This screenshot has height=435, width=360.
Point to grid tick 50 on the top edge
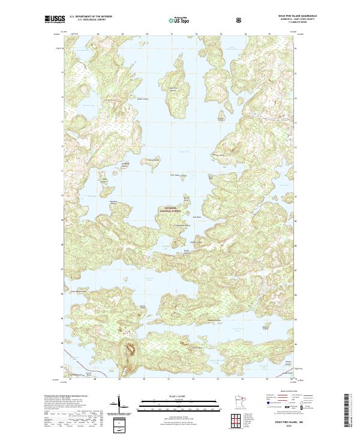147,35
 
